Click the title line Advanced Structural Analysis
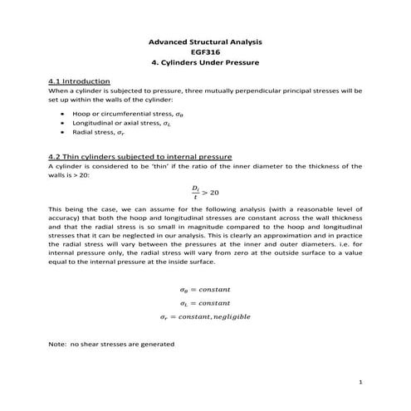204,41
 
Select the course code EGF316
204,51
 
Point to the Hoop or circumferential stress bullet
121,110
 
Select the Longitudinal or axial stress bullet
115,121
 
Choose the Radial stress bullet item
100,132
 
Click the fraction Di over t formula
194,192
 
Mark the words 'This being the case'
83,208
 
